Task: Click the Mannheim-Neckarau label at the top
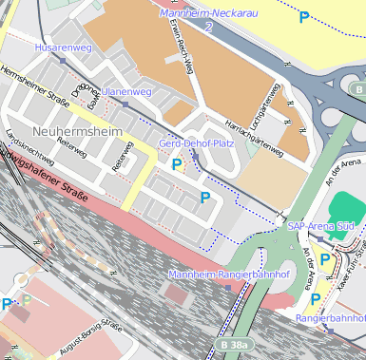pyautogui.click(x=212, y=14)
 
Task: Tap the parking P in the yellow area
pyautogui.click(x=304, y=16)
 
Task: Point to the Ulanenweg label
pyautogui.click(x=127, y=91)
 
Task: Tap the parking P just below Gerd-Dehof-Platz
pyautogui.click(x=176, y=164)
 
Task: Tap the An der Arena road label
pyautogui.click(x=310, y=260)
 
